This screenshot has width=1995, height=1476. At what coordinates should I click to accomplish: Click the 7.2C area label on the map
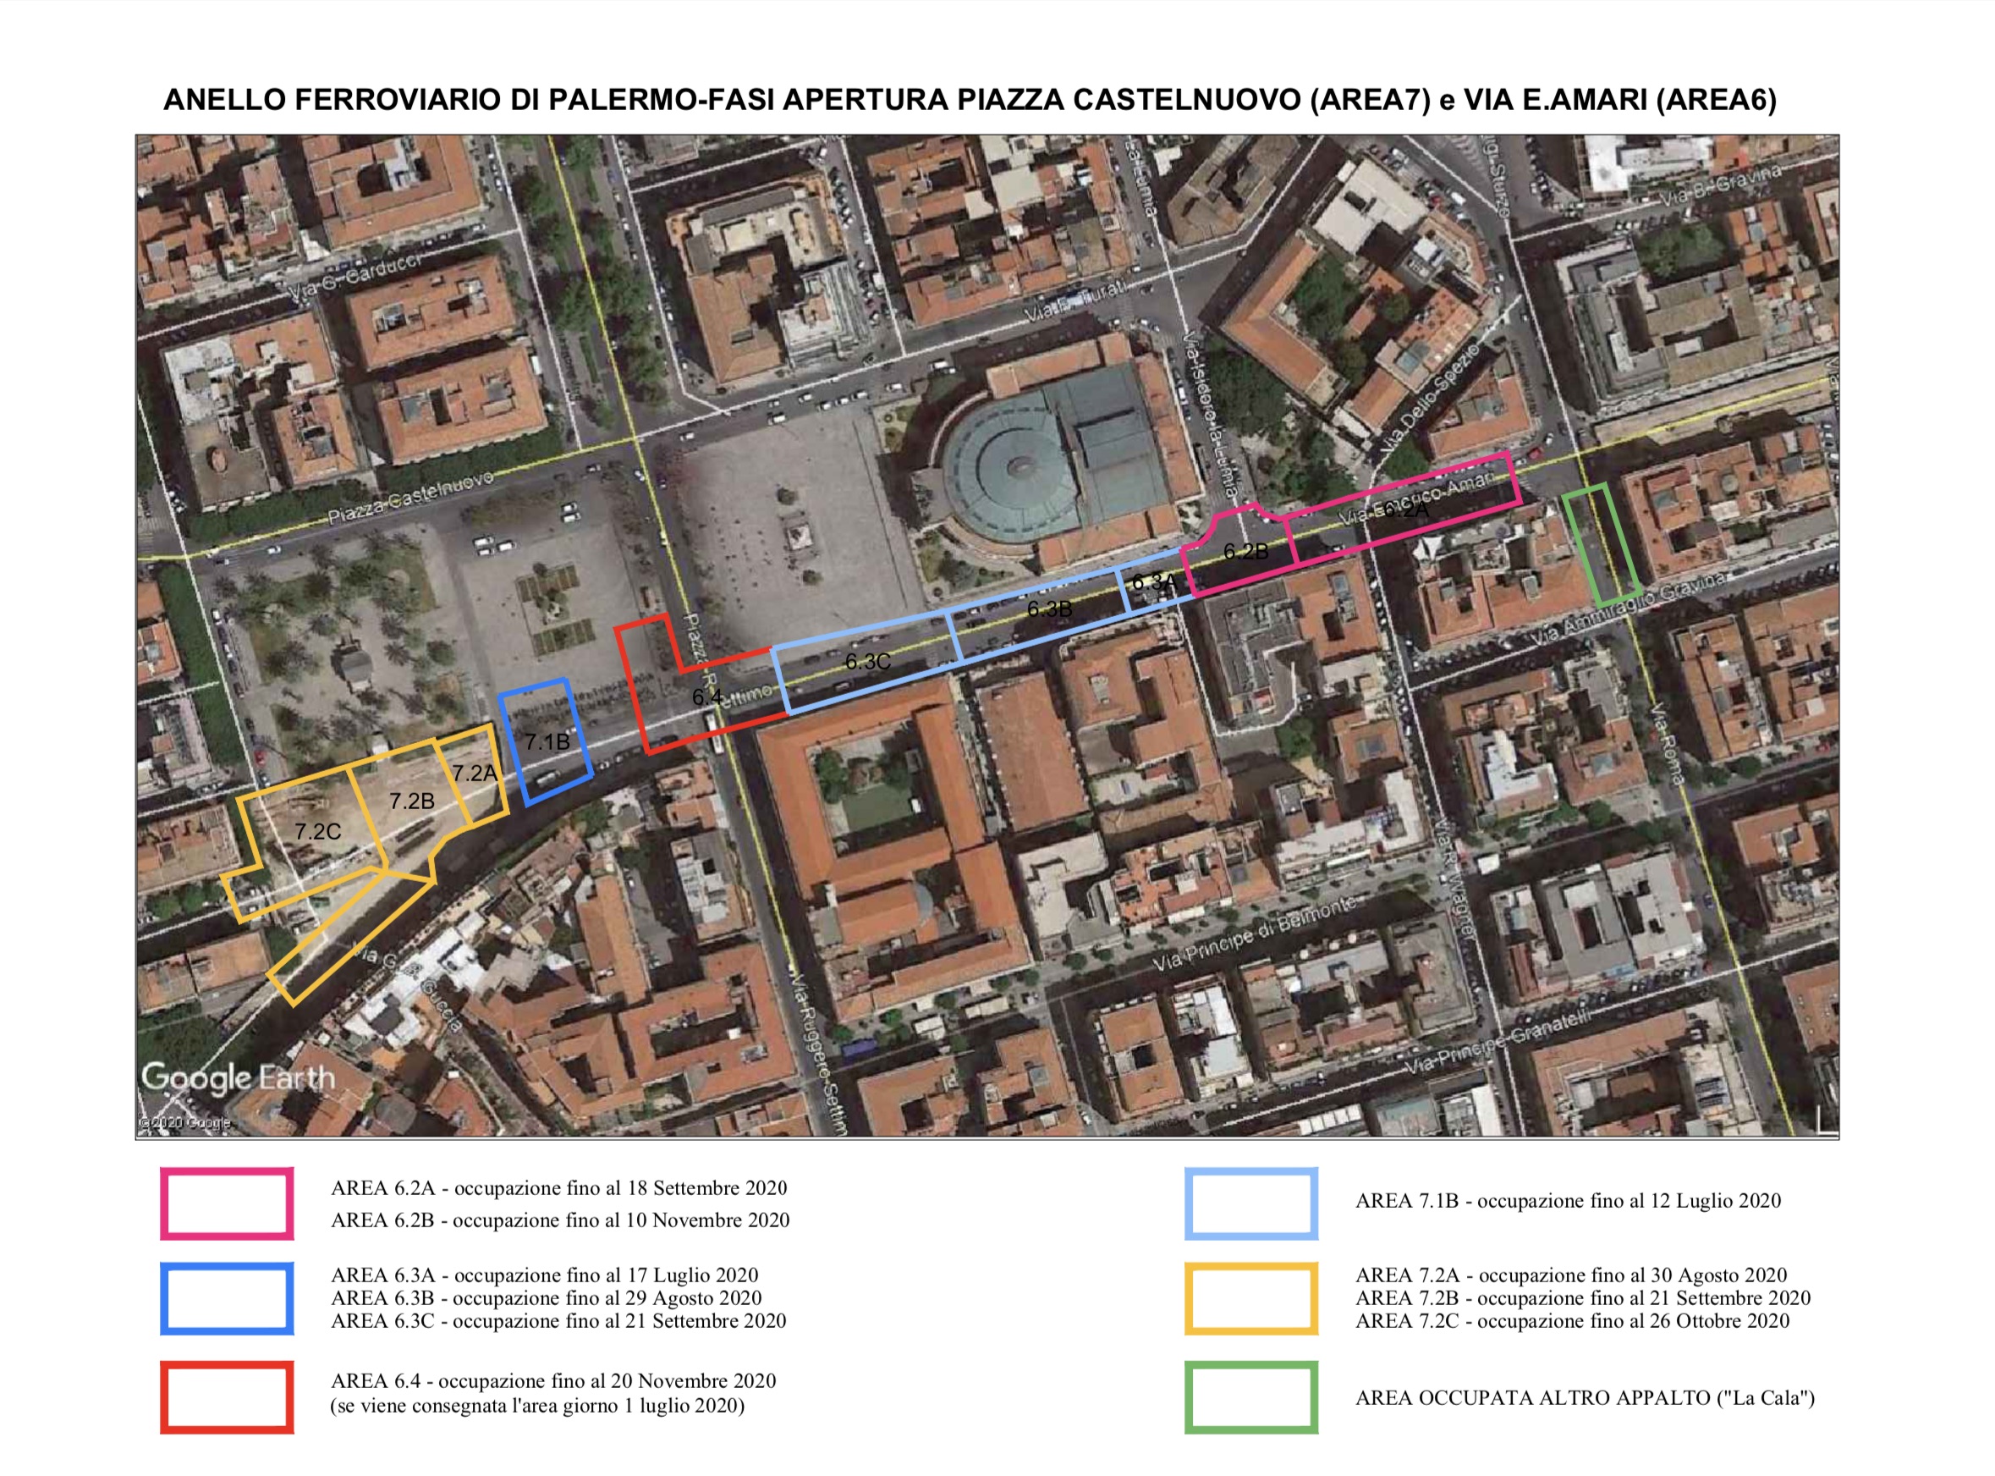(x=318, y=832)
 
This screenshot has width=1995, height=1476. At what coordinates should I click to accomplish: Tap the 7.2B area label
(x=412, y=801)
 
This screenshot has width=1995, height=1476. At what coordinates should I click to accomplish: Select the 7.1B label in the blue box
(x=547, y=741)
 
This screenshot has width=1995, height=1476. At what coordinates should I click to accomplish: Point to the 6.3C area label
(x=868, y=662)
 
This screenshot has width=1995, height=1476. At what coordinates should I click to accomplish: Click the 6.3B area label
(x=1049, y=609)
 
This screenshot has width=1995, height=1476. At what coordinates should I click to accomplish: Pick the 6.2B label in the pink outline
(x=1245, y=552)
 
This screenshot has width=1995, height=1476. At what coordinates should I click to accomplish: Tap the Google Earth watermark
(x=238, y=1077)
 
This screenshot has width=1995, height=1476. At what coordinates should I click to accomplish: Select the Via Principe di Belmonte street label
(x=1254, y=934)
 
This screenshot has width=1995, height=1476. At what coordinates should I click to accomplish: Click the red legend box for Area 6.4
(x=227, y=1396)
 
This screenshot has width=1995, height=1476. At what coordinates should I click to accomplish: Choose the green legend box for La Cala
(x=1251, y=1396)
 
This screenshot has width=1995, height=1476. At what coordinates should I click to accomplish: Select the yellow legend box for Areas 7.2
(x=1251, y=1298)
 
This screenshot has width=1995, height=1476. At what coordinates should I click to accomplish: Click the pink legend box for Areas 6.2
(x=227, y=1203)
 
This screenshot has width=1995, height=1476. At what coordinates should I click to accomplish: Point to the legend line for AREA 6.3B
(x=546, y=1298)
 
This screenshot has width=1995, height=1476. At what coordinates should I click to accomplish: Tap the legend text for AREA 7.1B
(x=1567, y=1201)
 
